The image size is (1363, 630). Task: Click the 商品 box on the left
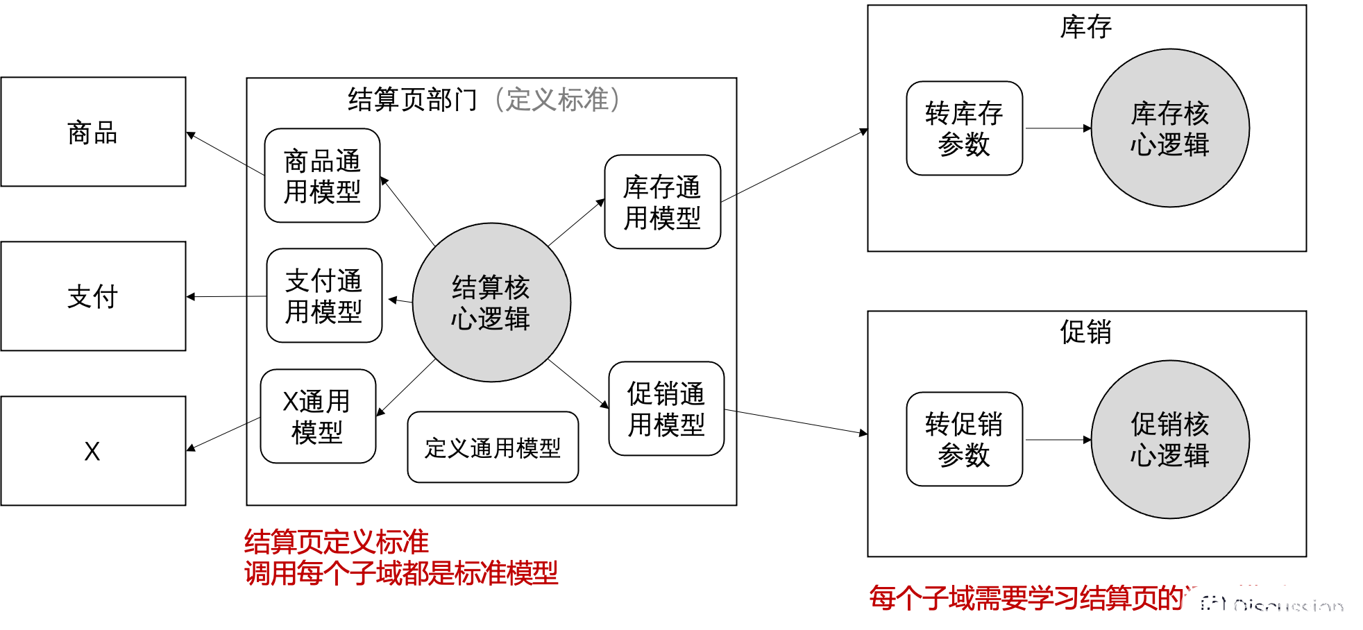click(x=93, y=132)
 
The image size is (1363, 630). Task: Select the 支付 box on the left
click(x=93, y=296)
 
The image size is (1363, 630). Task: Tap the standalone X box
click(x=93, y=451)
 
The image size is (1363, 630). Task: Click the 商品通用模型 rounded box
click(x=322, y=176)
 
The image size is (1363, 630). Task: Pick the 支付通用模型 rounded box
click(x=324, y=296)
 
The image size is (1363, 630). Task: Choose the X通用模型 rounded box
click(x=318, y=416)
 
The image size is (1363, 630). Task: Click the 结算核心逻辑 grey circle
click(x=491, y=303)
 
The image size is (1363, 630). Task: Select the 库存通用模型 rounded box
click(x=662, y=202)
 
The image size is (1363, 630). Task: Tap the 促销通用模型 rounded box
click(x=666, y=409)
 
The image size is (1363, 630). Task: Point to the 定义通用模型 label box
click(x=493, y=448)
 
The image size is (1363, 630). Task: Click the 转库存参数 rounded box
click(x=964, y=128)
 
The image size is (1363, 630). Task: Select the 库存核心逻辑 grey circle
click(x=1170, y=128)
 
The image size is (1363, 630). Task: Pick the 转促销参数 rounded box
click(x=964, y=439)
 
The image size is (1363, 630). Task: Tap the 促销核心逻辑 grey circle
click(x=1170, y=439)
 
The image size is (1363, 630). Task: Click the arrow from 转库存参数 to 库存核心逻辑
click(x=1057, y=128)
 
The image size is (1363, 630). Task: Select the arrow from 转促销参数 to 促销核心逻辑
click(x=1057, y=440)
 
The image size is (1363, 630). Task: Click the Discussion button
click(x=1273, y=608)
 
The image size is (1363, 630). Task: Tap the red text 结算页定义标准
click(x=336, y=542)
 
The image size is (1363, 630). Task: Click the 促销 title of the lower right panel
click(x=1086, y=332)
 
